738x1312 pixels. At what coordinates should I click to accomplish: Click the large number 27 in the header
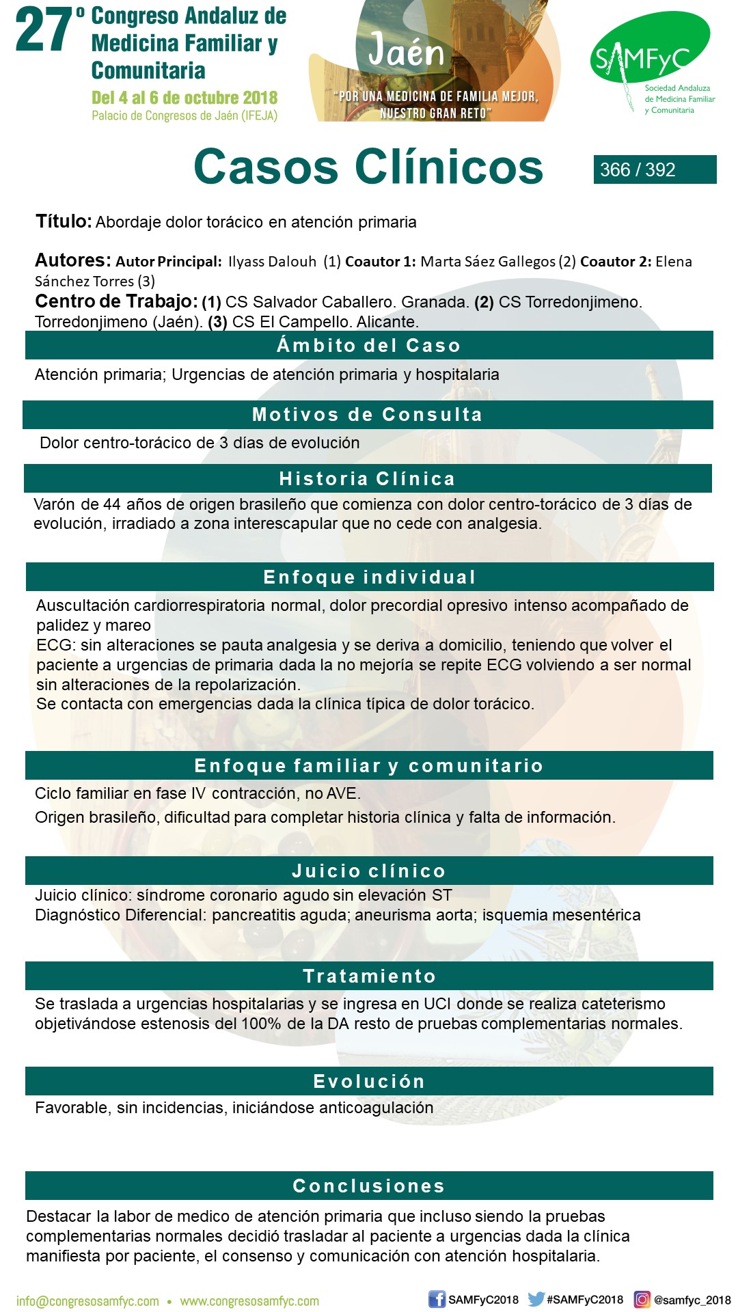point(44,31)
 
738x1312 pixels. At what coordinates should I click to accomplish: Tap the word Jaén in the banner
point(406,51)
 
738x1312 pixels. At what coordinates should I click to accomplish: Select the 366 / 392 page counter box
point(654,169)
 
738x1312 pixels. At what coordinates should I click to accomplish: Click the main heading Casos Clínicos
point(368,167)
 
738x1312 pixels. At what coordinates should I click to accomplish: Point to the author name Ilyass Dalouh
point(272,262)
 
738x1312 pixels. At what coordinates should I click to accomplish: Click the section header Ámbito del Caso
point(369,345)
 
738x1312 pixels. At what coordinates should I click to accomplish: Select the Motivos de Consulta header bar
point(368,415)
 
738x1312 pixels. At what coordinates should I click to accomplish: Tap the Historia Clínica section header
point(368,478)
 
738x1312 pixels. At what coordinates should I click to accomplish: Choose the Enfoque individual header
point(369,577)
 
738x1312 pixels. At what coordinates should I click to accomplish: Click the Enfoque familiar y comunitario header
point(369,765)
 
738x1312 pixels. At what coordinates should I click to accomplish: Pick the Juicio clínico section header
point(369,871)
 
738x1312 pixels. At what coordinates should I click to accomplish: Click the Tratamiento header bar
point(369,976)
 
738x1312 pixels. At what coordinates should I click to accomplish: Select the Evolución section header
point(369,1081)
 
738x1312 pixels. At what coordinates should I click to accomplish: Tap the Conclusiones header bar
point(369,1186)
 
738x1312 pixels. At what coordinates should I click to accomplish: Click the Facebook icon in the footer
point(437,1299)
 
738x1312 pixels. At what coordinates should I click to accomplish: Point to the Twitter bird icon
point(536,1299)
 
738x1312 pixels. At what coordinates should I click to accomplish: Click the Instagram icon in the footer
point(642,1299)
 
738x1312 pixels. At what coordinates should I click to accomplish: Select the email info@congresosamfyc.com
point(87,1301)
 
